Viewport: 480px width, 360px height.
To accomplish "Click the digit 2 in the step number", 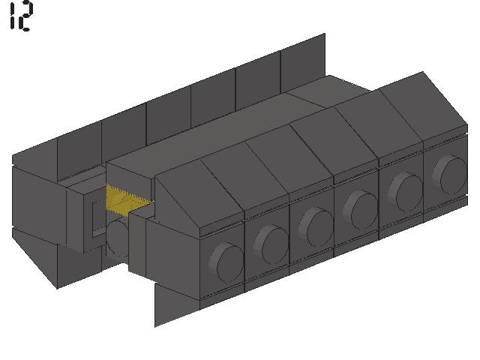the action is coord(25,16).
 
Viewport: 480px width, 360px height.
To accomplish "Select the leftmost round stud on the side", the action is coord(226,262).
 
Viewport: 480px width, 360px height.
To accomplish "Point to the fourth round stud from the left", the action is coord(361,210).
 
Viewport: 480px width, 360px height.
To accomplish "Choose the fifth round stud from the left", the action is coord(405,192).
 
